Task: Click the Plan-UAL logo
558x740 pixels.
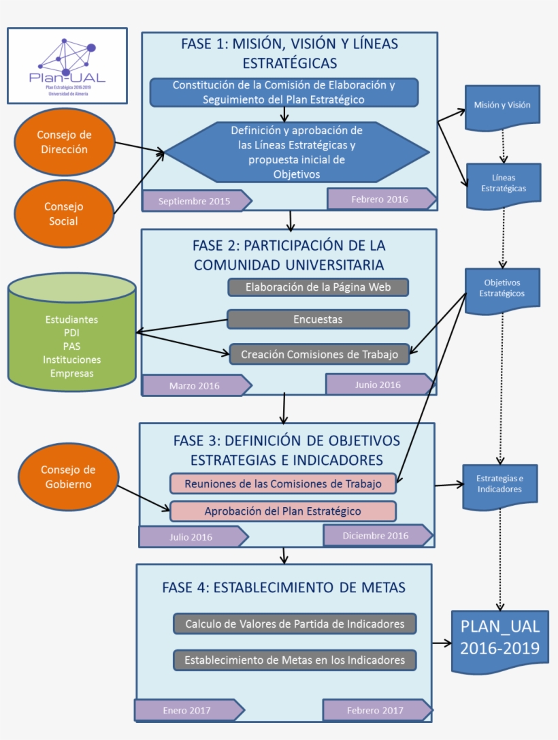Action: [67, 65]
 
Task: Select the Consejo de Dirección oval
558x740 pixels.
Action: [63, 142]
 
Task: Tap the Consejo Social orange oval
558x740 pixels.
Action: [63, 214]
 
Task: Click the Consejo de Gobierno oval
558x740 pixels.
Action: [67, 477]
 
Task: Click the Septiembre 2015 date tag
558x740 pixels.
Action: [195, 202]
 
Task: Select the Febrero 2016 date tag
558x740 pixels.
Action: [380, 199]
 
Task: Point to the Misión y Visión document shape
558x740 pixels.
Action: [502, 106]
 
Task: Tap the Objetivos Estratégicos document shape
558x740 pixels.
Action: [502, 289]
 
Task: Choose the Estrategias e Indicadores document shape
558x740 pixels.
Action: [499, 485]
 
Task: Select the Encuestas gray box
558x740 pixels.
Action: [318, 319]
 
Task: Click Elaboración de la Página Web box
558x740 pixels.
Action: [318, 287]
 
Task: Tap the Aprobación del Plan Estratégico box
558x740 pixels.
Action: [283, 511]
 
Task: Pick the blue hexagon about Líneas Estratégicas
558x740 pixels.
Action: [297, 152]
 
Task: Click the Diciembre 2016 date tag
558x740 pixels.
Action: [376, 536]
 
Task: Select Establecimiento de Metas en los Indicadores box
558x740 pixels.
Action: [295, 660]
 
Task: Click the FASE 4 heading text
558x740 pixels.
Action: [284, 588]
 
